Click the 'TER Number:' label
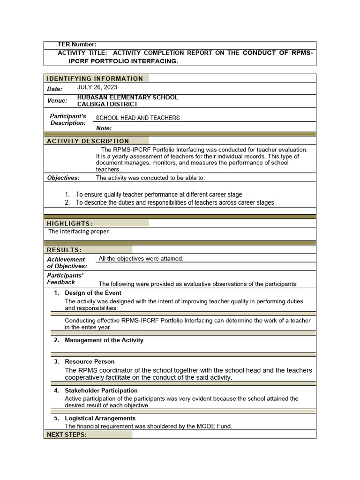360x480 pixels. click(x=77, y=45)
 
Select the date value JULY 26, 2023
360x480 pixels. click(x=97, y=87)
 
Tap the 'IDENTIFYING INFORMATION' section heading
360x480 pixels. click(x=95, y=78)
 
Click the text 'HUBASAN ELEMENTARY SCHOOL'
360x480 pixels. click(x=127, y=97)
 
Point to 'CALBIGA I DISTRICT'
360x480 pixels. click(x=107, y=104)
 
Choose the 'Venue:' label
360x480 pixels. click(x=57, y=101)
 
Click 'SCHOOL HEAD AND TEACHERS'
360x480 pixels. click(x=138, y=118)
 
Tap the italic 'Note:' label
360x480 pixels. click(x=104, y=128)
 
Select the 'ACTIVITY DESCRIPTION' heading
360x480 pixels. click(x=88, y=141)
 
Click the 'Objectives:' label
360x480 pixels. click(x=63, y=178)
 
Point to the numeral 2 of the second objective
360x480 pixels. click(x=67, y=202)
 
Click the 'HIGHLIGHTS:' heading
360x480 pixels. click(x=70, y=224)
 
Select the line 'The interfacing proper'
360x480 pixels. click(x=78, y=232)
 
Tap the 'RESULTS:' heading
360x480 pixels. click(x=64, y=250)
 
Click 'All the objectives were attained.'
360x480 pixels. click(x=141, y=259)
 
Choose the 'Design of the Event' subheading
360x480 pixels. click(x=93, y=293)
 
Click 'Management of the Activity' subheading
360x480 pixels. click(x=104, y=340)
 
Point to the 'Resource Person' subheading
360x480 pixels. click(x=90, y=362)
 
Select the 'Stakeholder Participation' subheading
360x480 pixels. click(x=101, y=390)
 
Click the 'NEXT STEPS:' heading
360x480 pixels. click(x=67, y=435)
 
